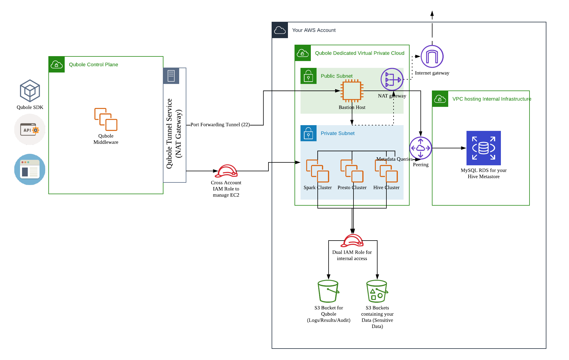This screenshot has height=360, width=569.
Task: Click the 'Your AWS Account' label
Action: [x=314, y=30]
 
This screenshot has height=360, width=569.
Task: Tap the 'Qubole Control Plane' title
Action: [x=93, y=65]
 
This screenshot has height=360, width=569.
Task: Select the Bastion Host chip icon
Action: [x=352, y=91]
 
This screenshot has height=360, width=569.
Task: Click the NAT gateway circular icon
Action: [x=392, y=79]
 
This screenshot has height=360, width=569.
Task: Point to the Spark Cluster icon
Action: [x=317, y=171]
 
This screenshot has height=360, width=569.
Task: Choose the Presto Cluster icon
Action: [x=352, y=171]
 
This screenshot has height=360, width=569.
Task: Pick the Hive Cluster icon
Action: [x=386, y=171]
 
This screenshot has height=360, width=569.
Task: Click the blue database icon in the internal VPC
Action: [x=483, y=148]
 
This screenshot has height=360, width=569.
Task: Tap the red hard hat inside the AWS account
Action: [x=352, y=241]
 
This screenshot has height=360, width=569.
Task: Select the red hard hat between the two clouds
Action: [x=226, y=171]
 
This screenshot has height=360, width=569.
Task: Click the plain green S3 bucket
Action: [x=328, y=291]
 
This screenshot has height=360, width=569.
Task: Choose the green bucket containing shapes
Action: [x=377, y=291]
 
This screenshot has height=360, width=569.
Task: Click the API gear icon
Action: [x=30, y=129]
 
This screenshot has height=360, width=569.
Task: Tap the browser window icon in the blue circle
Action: [x=30, y=170]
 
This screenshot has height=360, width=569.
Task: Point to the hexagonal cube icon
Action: [x=30, y=91]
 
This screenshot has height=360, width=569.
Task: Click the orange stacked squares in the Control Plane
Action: [x=106, y=119]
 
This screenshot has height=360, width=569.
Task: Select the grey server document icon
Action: [x=171, y=76]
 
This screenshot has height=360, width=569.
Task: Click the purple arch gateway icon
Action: [x=432, y=56]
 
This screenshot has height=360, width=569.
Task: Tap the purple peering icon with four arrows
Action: [x=420, y=148]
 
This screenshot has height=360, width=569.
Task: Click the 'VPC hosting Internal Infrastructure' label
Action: [x=491, y=99]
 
